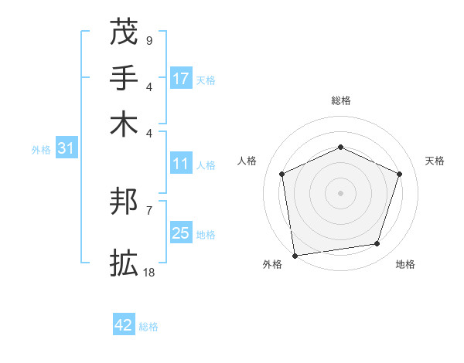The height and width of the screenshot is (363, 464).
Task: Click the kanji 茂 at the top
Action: click(124, 32)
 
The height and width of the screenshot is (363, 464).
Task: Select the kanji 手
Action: click(124, 79)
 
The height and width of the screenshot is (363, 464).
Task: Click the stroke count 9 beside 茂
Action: click(148, 40)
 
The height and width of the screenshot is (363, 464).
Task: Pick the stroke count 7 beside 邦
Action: click(148, 210)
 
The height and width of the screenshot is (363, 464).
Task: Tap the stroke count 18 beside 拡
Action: click(150, 273)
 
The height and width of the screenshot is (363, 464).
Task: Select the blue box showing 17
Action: click(181, 79)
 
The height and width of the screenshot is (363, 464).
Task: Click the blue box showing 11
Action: click(181, 164)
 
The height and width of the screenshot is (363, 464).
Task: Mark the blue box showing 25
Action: click(181, 233)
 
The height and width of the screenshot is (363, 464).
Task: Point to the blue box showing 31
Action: click(66, 149)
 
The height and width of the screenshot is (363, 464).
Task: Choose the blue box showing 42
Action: click(124, 325)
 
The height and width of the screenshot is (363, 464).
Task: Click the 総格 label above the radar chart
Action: click(340, 100)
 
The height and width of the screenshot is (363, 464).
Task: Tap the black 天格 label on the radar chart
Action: click(435, 161)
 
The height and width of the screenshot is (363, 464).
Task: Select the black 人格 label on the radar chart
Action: click(247, 161)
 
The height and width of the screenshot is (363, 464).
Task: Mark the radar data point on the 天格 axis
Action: click(400, 174)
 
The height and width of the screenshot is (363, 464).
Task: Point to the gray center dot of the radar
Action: click(340, 193)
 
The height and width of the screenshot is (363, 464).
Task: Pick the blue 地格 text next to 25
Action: click(206, 234)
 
